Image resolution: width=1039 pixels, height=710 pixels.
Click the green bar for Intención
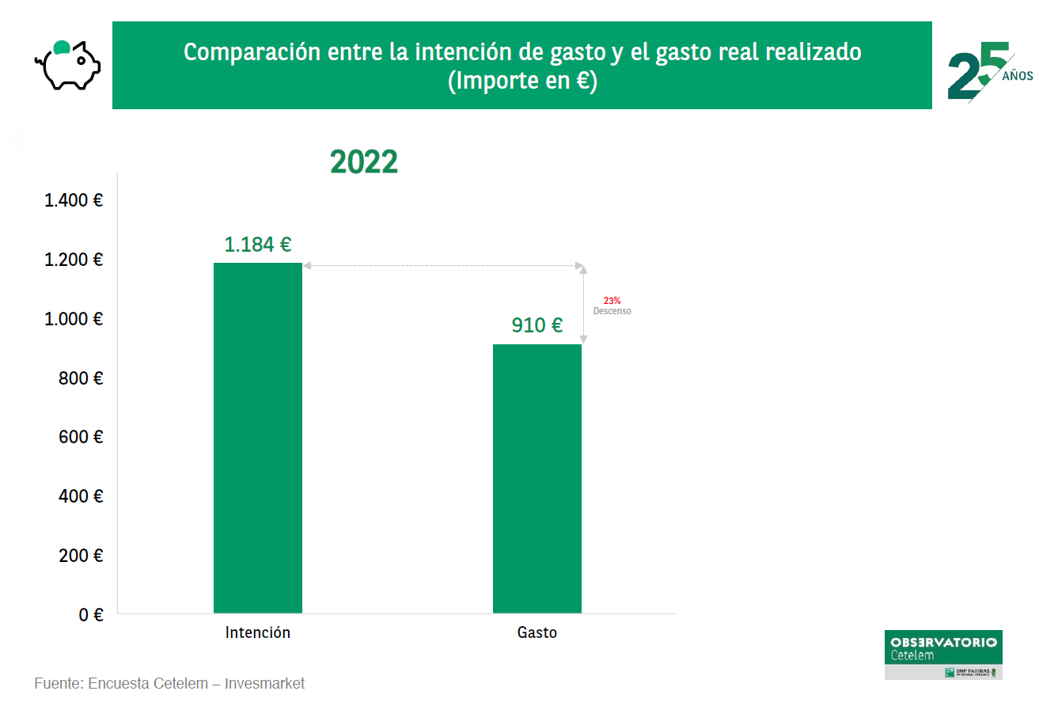coord(258,438)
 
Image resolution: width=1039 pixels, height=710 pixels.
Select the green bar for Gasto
coord(537,478)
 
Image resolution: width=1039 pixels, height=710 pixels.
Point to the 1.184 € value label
coord(258,245)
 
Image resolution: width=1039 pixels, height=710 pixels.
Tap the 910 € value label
coord(537,325)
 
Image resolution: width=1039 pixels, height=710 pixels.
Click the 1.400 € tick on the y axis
coord(74,200)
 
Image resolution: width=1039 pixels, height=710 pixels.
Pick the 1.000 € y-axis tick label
coord(74,319)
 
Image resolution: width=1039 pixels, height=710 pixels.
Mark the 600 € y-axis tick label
coord(81,437)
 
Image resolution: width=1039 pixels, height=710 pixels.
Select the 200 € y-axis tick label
coord(81,556)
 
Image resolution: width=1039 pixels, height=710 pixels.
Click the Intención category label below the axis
coord(258,633)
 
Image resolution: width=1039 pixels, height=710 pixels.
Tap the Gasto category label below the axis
coord(537,633)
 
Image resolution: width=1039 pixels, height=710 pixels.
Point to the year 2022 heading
coord(364,162)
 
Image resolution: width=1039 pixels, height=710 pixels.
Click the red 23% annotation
coord(612,301)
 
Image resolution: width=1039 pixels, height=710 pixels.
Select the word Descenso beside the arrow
coord(612,311)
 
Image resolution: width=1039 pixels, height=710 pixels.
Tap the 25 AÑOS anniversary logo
coord(989,71)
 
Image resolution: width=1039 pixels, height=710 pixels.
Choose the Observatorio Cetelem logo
coord(943,655)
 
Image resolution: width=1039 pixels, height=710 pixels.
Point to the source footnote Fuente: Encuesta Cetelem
coord(169,683)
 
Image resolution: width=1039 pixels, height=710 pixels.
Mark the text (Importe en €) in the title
coord(522,81)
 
